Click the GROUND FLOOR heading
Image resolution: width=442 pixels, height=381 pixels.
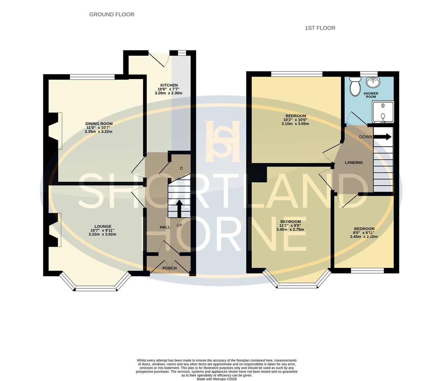pyautogui.click(x=112, y=14)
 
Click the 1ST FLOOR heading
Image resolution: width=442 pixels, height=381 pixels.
pyautogui.click(x=320, y=28)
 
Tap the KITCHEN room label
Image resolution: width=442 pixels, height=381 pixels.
pyautogui.click(x=169, y=85)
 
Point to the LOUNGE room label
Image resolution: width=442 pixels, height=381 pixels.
pyautogui.click(x=103, y=226)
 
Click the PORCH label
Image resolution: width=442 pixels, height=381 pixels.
pyautogui.click(x=170, y=268)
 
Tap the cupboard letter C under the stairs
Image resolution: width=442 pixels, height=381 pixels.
pyautogui.click(x=182, y=168)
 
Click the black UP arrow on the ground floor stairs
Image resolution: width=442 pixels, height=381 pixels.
pyautogui.click(x=179, y=208)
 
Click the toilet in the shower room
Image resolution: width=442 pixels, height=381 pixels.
pyautogui.click(x=354, y=85)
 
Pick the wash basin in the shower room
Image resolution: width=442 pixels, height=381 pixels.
pyautogui.click(x=373, y=83)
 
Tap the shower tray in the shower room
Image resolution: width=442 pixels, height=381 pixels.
pyautogui.click(x=383, y=111)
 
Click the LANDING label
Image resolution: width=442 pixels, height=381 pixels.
pyautogui.click(x=354, y=163)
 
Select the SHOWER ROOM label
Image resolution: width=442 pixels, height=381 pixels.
pyautogui.click(x=370, y=95)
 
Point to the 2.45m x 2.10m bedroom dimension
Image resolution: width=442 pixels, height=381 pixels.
pyautogui.click(x=364, y=237)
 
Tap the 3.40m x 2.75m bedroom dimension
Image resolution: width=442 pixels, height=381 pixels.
pyautogui.click(x=290, y=230)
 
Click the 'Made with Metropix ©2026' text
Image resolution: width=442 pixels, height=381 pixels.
pyautogui.click(x=216, y=379)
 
